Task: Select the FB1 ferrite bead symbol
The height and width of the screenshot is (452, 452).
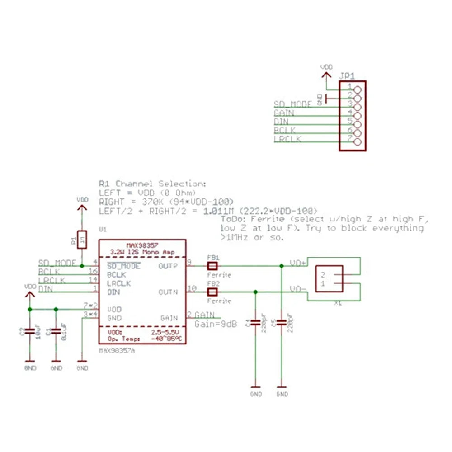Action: [212, 266]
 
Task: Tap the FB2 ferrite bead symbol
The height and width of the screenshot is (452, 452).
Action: [212, 292]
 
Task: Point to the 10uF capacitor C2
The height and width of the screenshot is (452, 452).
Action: [29, 331]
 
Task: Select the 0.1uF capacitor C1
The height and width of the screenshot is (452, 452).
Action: [56, 331]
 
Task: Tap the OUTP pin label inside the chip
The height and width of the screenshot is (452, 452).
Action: [168, 266]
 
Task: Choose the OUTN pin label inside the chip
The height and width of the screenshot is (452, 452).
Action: [168, 292]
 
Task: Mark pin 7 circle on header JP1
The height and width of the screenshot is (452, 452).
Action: [358, 142]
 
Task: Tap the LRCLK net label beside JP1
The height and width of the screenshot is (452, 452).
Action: [287, 139]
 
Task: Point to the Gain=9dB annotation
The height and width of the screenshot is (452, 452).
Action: [216, 324]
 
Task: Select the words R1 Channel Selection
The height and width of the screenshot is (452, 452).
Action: [152, 184]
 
